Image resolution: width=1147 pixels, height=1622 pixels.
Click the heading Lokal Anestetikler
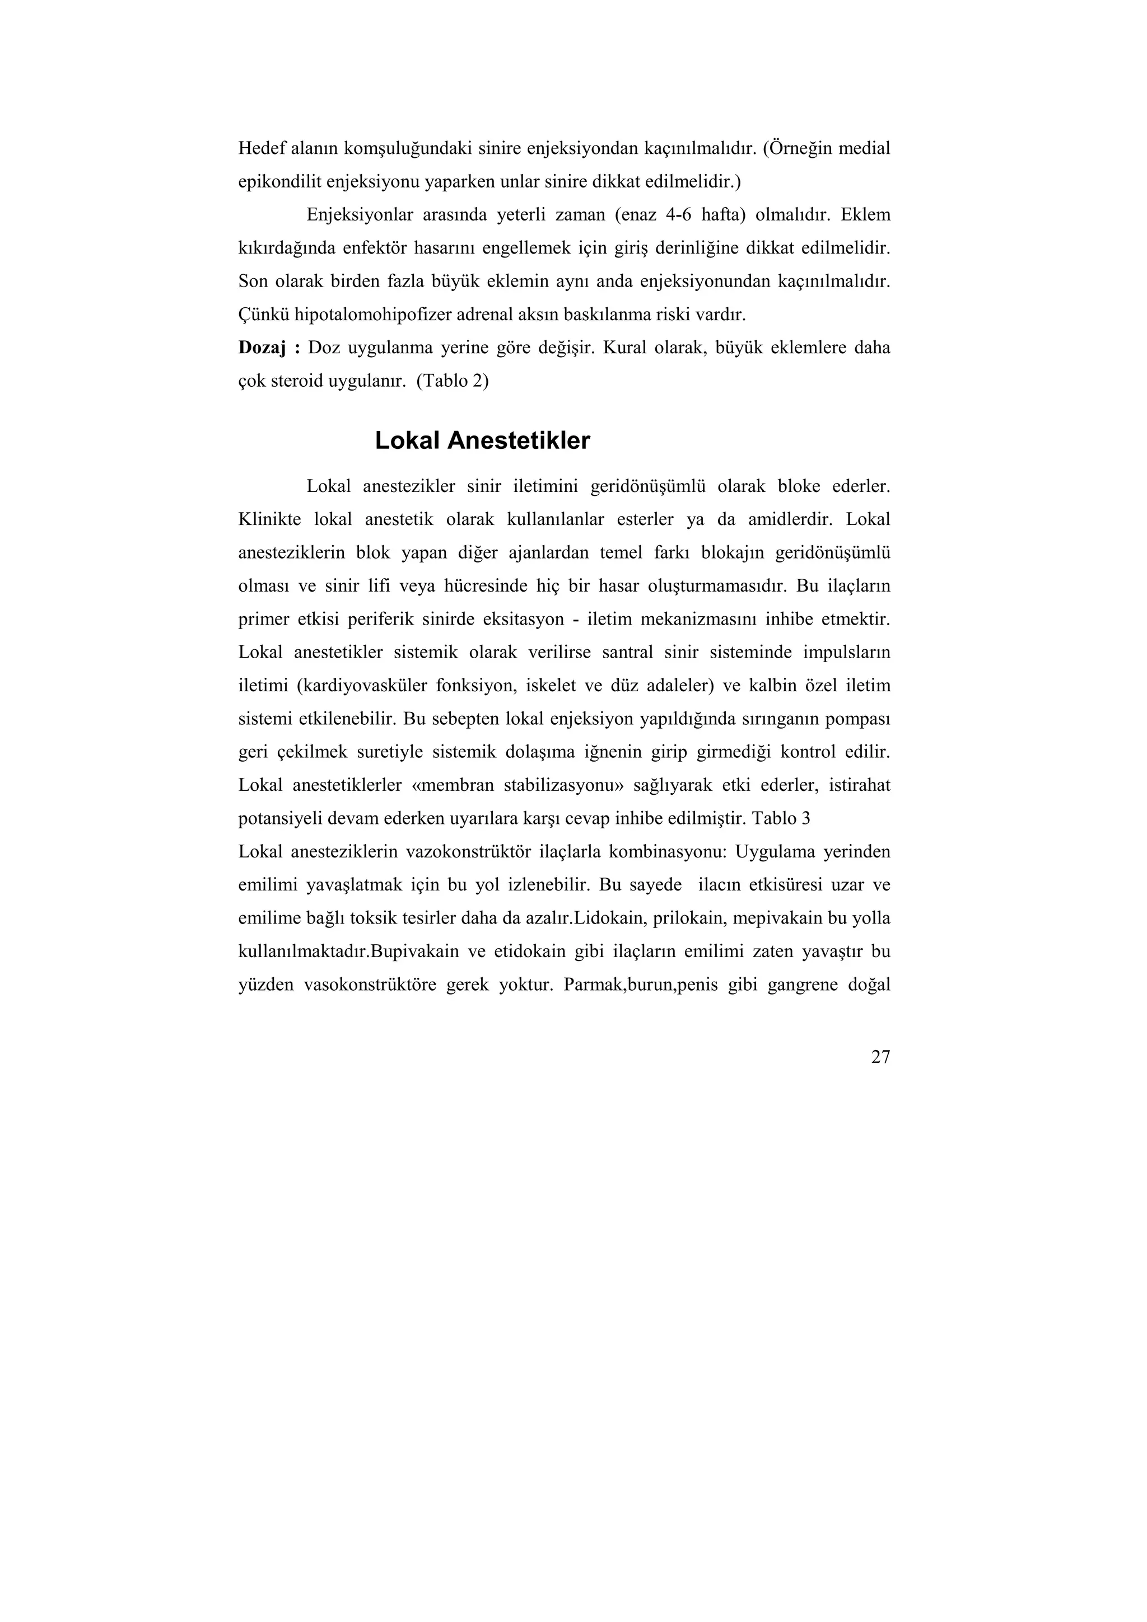(x=482, y=441)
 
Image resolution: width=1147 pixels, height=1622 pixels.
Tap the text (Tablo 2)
(x=453, y=382)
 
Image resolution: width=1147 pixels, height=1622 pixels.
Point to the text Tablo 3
(x=781, y=819)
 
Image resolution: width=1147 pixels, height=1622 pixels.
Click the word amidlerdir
(x=794, y=520)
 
